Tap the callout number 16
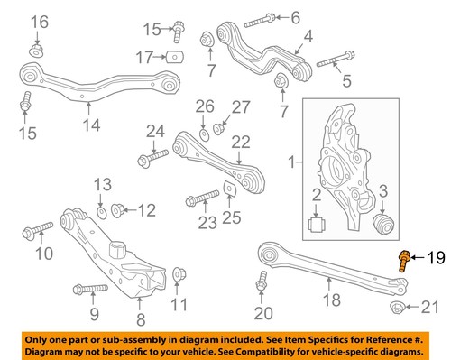coord(39,22)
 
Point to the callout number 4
coord(308,37)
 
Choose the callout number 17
coord(145,57)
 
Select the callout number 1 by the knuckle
coord(291,163)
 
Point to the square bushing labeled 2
coord(318,223)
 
